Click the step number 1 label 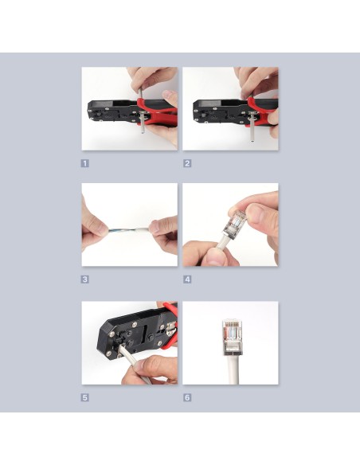(x=84, y=163)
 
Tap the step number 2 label (x=187, y=163)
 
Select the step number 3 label (x=84, y=279)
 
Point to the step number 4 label (x=187, y=279)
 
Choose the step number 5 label (x=84, y=397)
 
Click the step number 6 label (x=187, y=397)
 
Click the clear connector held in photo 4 (x=237, y=225)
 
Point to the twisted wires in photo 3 (x=128, y=230)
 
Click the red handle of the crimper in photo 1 (x=157, y=112)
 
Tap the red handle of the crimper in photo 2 (x=263, y=112)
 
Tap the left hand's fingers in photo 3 (x=92, y=227)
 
